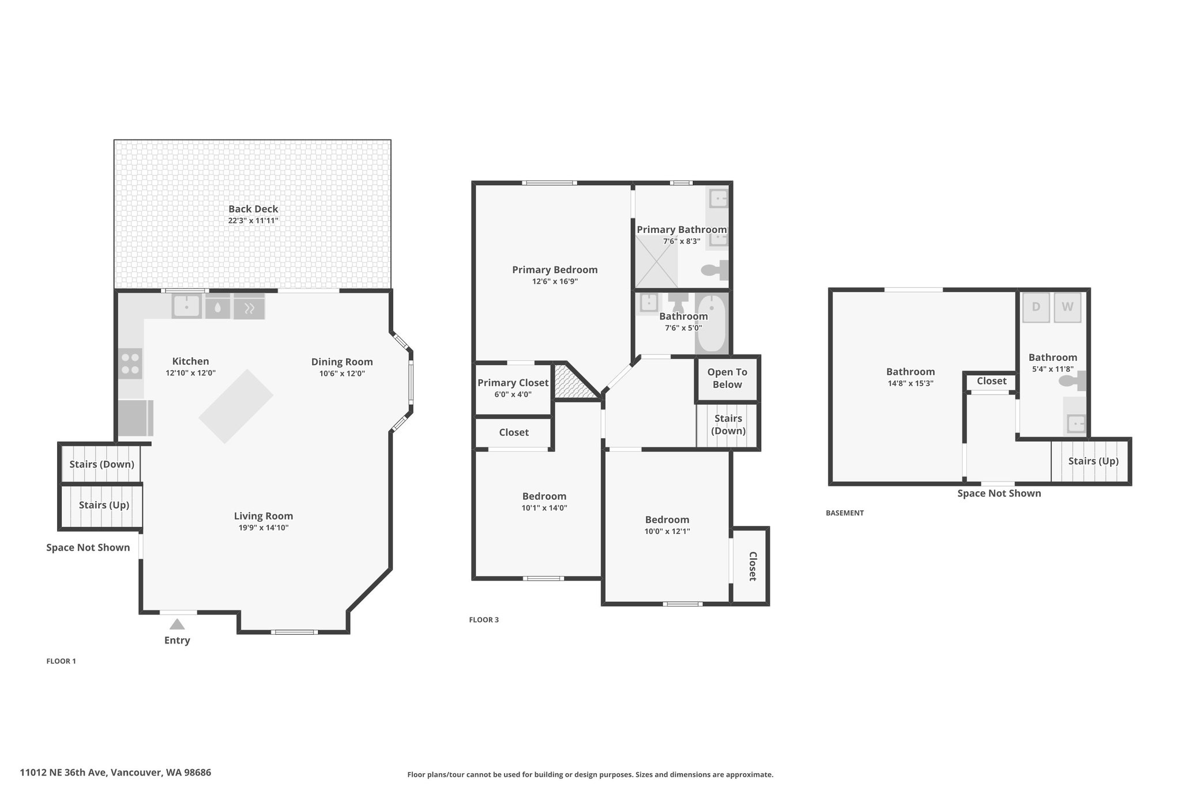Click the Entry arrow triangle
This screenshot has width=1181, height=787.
point(177,624)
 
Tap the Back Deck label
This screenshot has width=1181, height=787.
point(253,209)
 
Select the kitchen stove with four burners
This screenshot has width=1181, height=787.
point(130,363)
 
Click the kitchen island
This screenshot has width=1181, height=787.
point(236,406)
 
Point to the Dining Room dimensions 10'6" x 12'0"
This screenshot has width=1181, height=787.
point(342,374)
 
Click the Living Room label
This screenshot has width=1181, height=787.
point(264,516)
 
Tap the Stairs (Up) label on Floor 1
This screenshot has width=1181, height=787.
point(104,505)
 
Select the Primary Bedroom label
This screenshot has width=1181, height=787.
point(555,269)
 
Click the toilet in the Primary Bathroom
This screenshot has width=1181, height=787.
point(714,269)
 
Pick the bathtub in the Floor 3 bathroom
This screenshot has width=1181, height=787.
point(712,323)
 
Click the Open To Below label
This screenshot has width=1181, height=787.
point(727,378)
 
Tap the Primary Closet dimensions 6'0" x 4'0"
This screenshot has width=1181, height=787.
point(513,394)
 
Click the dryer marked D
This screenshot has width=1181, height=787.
point(1036,307)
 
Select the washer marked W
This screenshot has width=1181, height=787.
point(1067,307)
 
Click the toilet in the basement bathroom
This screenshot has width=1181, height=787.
point(1073,381)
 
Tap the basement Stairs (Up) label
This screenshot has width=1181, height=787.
point(1093,461)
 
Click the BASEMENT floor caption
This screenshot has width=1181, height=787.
point(845,513)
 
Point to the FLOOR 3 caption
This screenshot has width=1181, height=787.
point(484,620)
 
